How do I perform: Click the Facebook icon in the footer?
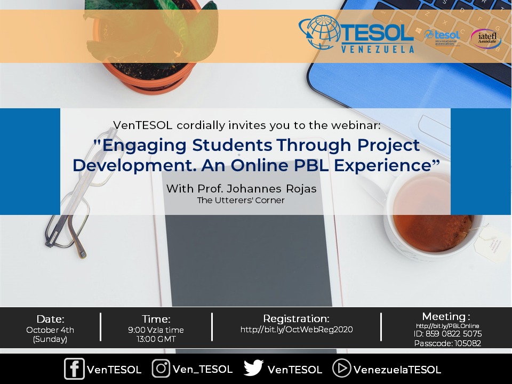tap(74, 369)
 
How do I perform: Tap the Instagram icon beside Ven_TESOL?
tap(161, 369)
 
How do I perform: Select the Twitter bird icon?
tap(253, 368)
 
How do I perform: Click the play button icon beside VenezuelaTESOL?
tap(341, 368)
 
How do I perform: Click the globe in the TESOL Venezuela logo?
tap(318, 34)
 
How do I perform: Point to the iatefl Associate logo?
tap(486, 38)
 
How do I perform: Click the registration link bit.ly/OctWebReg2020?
tap(297, 330)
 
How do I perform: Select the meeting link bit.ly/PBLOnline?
tap(447, 326)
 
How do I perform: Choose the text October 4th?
tap(50, 330)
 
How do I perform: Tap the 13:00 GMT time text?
tap(157, 339)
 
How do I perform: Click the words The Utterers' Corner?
tap(241, 201)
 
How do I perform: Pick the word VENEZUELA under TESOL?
tap(377, 49)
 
